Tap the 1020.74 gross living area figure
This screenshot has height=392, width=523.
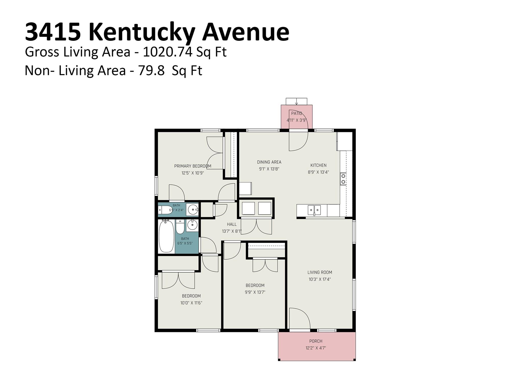(167, 52)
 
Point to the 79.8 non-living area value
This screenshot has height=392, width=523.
(151, 71)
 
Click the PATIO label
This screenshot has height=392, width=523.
(296, 113)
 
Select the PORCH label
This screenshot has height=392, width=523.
(316, 341)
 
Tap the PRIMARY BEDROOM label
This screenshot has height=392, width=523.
(193, 166)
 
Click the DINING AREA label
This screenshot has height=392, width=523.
(269, 162)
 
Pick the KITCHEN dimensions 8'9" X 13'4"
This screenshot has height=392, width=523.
(318, 172)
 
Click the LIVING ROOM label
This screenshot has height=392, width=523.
(320, 272)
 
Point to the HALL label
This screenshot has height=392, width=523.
(232, 224)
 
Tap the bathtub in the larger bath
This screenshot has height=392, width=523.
(167, 236)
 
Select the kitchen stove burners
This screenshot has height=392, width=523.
(343, 179)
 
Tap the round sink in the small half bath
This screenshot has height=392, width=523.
(193, 210)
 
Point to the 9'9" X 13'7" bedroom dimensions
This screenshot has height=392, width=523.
(255, 292)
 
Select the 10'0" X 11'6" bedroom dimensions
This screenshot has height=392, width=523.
(191, 303)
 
